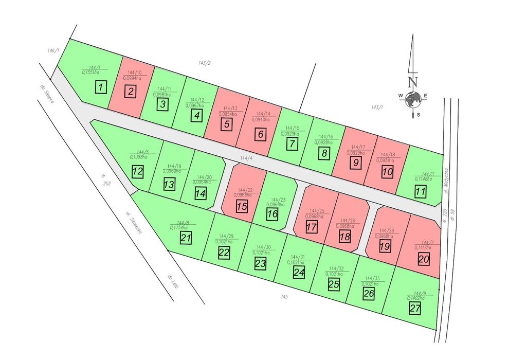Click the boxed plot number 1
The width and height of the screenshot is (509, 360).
[x=102, y=86]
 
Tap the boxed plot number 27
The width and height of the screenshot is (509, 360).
[x=415, y=308]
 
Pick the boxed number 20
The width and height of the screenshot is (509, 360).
[x=423, y=259]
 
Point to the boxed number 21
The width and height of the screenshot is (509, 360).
[x=186, y=237]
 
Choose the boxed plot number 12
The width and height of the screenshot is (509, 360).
[x=137, y=171]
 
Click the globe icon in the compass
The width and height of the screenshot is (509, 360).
[x=412, y=99]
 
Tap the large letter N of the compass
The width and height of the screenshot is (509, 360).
[x=412, y=81]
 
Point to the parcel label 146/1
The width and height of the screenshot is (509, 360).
[x=53, y=51]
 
